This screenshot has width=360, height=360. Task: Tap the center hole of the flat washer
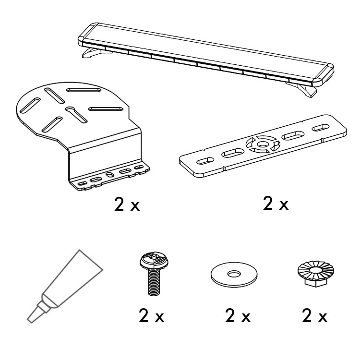click(234, 274)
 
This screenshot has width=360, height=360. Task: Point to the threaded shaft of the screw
click(154, 282)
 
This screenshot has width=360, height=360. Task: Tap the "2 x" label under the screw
click(152, 316)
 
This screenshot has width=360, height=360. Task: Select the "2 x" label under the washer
click(238, 316)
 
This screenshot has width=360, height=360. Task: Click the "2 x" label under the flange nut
click(314, 316)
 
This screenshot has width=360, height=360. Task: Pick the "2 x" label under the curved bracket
click(127, 204)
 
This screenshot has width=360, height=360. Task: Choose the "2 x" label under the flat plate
click(276, 203)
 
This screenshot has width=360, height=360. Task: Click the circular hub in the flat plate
click(263, 144)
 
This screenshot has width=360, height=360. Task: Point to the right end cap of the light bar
click(323, 74)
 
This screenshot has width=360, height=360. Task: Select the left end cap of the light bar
click(87, 34)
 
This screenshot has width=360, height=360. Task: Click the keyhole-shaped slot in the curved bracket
click(76, 115)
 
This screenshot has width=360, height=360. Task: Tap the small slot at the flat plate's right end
click(321, 128)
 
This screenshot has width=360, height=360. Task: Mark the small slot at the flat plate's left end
click(205, 161)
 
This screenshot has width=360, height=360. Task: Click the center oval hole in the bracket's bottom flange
click(109, 175)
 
